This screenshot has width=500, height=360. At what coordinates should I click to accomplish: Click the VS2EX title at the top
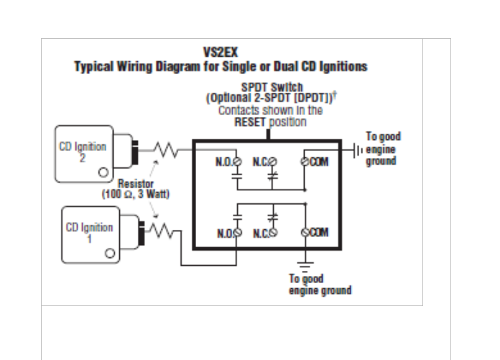pos(221,52)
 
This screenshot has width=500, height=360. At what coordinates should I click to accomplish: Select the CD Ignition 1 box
pos(91,234)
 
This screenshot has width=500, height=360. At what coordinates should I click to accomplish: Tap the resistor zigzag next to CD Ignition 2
pos(166,149)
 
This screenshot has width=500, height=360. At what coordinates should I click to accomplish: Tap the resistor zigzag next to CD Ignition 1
pos(162,231)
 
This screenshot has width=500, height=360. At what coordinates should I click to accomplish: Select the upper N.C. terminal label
pos(261,161)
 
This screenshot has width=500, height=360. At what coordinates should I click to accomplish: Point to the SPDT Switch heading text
pos(267,87)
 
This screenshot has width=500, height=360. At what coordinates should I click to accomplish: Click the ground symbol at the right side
pos(357,150)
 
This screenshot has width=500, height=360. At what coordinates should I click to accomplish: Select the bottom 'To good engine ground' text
pos(320,284)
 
